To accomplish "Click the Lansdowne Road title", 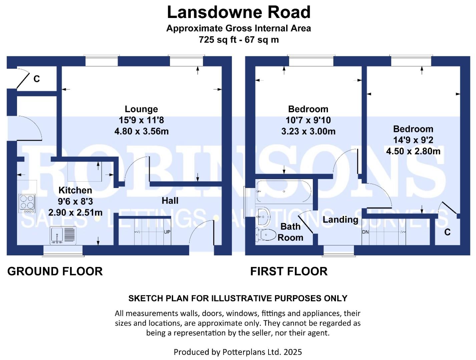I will click(x=239, y=12).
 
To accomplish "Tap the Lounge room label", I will click(x=141, y=109).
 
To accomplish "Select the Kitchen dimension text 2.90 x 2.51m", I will click(x=75, y=212).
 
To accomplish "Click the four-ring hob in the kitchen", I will click(x=27, y=203).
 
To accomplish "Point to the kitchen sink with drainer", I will click(x=63, y=235).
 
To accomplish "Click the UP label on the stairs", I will click(x=167, y=232).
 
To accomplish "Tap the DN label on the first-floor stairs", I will click(x=365, y=232).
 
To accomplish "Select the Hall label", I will click(x=170, y=201).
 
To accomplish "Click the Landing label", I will click(x=340, y=219).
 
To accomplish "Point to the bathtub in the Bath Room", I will click(x=284, y=191).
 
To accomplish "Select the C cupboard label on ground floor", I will click(x=37, y=79).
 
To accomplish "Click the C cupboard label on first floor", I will click(x=447, y=232).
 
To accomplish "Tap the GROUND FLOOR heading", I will click(x=55, y=271).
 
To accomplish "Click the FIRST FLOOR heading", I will click(x=289, y=271).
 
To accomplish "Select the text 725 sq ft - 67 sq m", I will click(x=239, y=40).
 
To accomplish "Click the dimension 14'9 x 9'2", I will click(x=413, y=140).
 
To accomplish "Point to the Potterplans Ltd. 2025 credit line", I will click(x=237, y=352).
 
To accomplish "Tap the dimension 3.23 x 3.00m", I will click(x=308, y=131).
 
